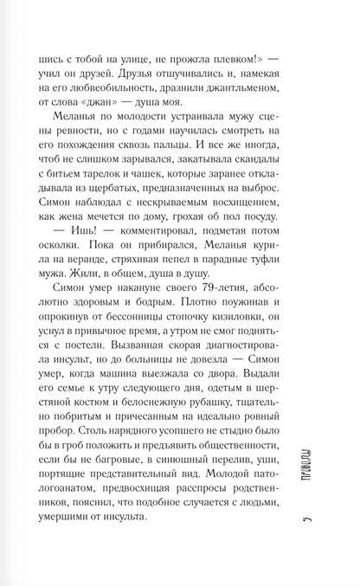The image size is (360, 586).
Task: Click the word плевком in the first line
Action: click(x=228, y=51)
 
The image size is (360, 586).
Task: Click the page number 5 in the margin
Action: click(x=320, y=544)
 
